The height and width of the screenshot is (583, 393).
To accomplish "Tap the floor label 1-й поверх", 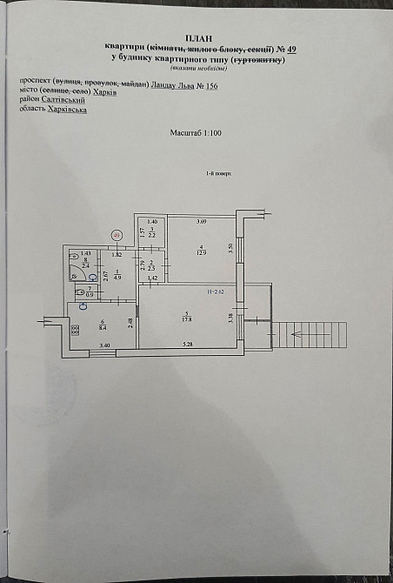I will pyautogui.click(x=217, y=174).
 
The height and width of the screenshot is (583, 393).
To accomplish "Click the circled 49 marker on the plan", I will pyautogui.click(x=117, y=234).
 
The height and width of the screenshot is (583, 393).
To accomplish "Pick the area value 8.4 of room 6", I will pyautogui.click(x=103, y=329).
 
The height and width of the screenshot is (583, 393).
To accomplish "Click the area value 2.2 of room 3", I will pyautogui.click(x=151, y=236).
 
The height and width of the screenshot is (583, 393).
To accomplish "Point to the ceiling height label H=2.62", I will pyautogui.click(x=216, y=291).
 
